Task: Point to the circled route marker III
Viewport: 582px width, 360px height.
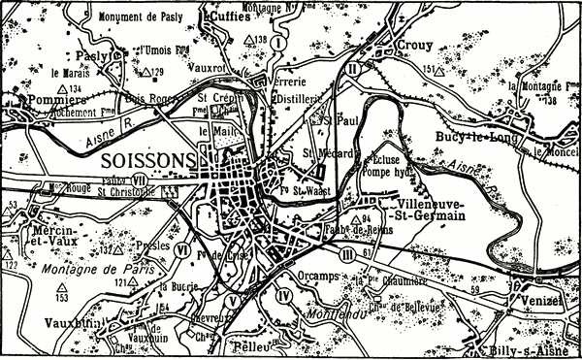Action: [x=348, y=253]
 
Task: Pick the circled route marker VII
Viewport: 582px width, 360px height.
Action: [x=140, y=179]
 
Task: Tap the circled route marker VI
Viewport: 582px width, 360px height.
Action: [x=182, y=249]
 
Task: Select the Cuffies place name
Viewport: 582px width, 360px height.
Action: [x=223, y=15]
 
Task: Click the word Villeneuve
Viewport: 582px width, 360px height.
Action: [x=433, y=206]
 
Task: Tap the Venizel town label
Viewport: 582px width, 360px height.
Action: [x=543, y=301]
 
